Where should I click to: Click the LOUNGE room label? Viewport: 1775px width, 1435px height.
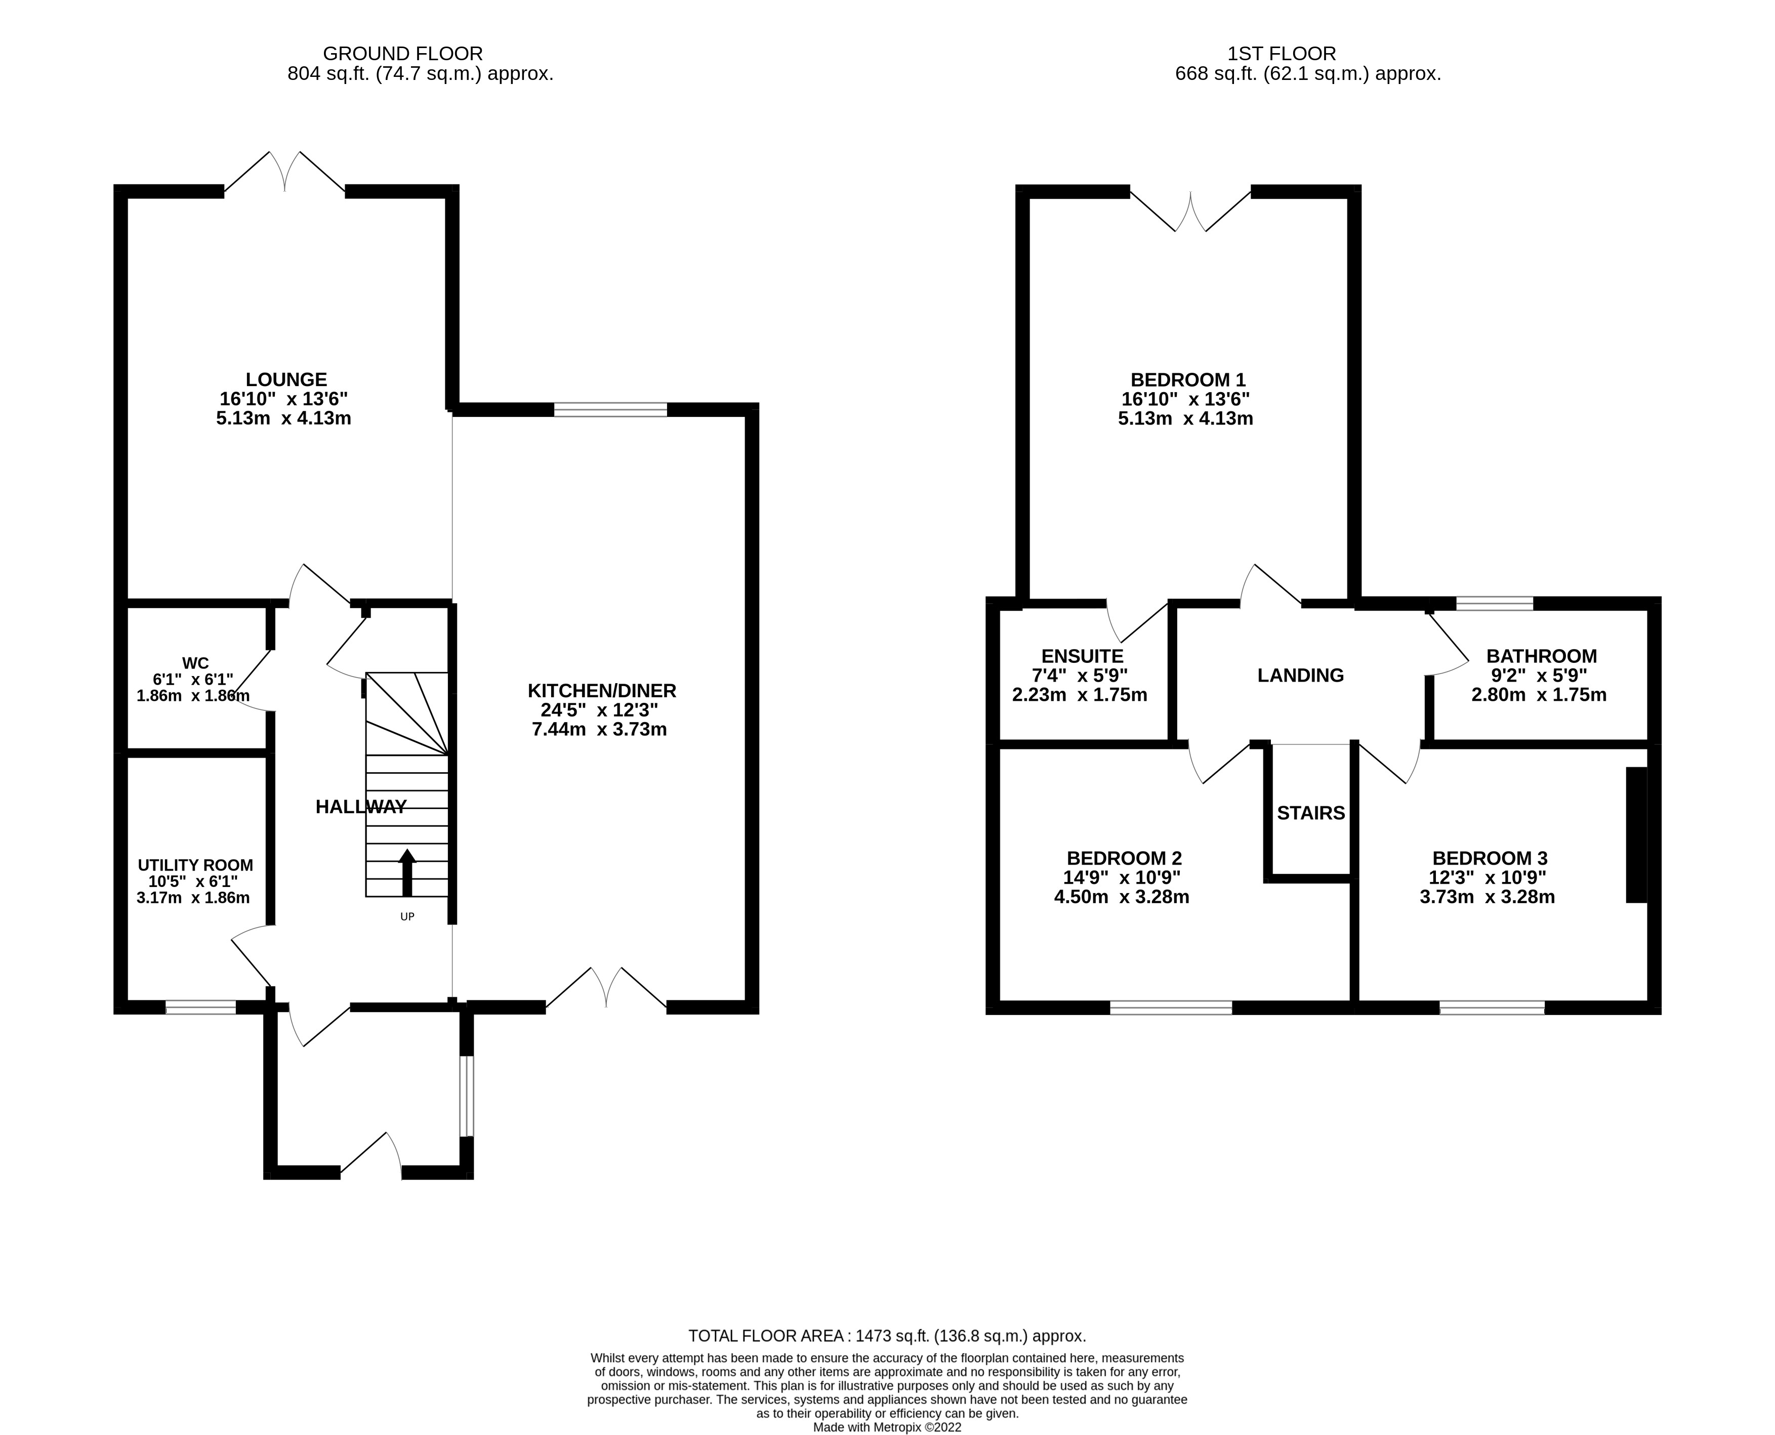pos(286,379)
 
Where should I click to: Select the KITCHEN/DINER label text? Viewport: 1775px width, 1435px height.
pos(602,690)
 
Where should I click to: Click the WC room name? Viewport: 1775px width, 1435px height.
pos(195,663)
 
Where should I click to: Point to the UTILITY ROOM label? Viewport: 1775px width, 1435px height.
pos(195,865)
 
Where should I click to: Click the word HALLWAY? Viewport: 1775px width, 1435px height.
pos(361,807)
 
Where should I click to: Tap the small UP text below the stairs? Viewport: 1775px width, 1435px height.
pos(407,917)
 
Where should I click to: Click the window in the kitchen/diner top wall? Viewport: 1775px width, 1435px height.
pos(610,409)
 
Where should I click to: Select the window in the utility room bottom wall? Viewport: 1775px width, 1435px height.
pos(201,1007)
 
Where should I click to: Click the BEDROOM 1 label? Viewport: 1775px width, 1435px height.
pos(1187,379)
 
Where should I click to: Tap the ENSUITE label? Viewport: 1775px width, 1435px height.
pos(1082,656)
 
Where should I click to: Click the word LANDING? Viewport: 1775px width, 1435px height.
pos(1300,676)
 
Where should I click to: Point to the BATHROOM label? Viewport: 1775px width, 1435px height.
pos(1541,656)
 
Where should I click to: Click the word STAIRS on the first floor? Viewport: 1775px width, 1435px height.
pos(1310,814)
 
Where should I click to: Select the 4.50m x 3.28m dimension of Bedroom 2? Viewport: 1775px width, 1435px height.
pos(1121,897)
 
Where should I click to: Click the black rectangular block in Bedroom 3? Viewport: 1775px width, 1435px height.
pos(1636,835)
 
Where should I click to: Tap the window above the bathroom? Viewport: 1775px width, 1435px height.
pos(1494,604)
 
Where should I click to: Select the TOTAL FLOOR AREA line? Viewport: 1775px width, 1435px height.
pos(887,1336)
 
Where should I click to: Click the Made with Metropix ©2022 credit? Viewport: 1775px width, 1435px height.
pos(887,1427)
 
